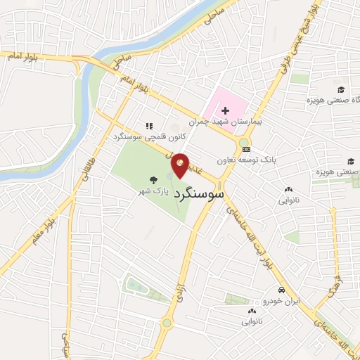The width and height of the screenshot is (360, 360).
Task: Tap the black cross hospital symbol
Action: [225, 110]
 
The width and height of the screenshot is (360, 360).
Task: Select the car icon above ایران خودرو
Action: [280, 290]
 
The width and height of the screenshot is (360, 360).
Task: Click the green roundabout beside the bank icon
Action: [245, 150]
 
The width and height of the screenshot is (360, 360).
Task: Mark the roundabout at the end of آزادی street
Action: [167, 323]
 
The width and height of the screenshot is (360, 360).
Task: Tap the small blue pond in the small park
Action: [133, 285]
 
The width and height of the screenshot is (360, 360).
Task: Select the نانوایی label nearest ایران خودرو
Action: [254, 321]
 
